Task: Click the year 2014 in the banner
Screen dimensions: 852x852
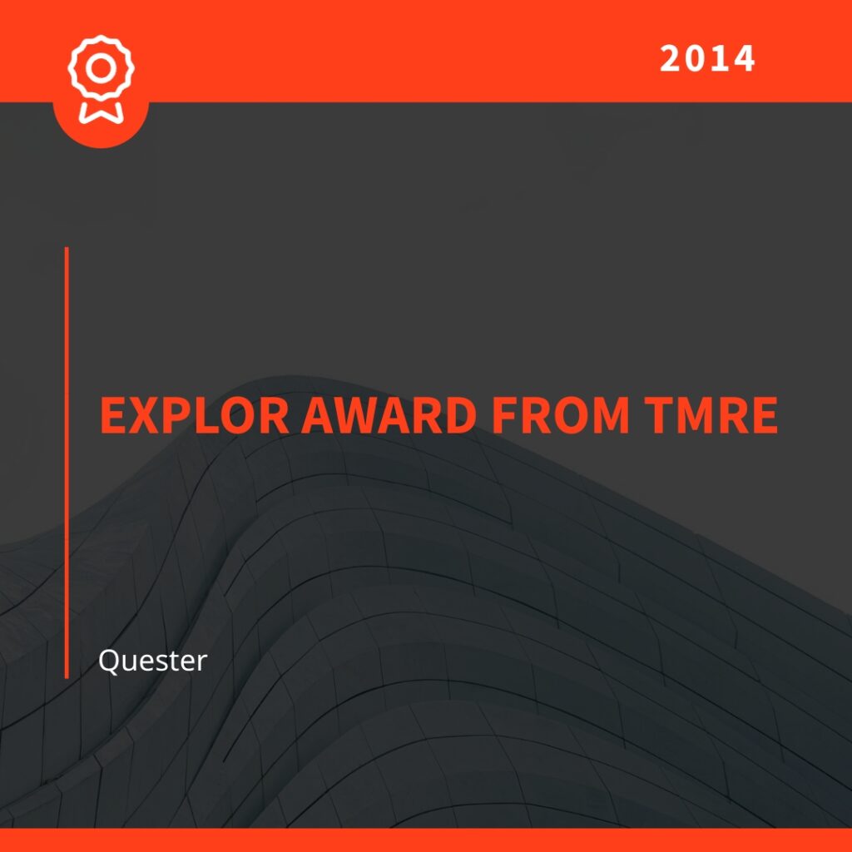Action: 707,58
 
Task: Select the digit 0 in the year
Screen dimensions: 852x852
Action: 695,58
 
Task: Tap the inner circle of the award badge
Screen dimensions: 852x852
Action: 101,68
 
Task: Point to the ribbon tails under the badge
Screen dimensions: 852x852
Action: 101,112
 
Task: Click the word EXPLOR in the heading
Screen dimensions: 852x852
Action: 195,415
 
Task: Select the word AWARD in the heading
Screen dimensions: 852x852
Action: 389,415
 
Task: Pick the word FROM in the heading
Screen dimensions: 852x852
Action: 560,415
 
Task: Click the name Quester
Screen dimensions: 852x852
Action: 153,661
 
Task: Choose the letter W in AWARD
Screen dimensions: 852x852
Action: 356,415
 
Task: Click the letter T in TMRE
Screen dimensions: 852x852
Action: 657,415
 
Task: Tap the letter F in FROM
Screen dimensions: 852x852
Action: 503,415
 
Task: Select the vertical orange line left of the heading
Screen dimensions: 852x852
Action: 67,463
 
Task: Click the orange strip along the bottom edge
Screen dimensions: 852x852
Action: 426,840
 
